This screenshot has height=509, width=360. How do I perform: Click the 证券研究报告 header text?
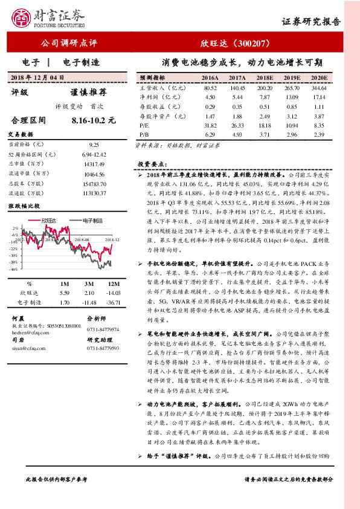click(x=311, y=21)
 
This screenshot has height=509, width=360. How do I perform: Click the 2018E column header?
click(x=264, y=78)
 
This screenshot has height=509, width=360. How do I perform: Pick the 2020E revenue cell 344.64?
click(x=318, y=88)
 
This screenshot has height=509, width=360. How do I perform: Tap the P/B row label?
click(x=144, y=133)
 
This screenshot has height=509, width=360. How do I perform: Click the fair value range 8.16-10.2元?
click(x=93, y=120)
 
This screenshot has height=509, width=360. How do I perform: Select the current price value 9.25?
click(x=94, y=145)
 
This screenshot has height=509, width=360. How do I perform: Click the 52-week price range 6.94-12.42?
click(x=93, y=155)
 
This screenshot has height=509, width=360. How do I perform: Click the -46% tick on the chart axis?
click(x=12, y=270)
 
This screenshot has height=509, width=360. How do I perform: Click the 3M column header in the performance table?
click(x=88, y=284)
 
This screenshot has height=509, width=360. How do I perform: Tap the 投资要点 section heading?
click(x=150, y=164)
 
